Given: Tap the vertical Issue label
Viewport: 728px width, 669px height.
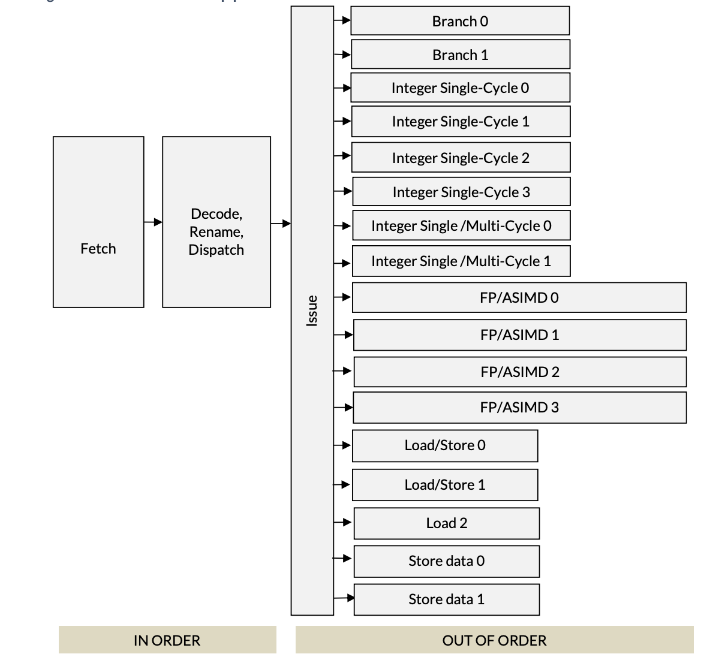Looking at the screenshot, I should pos(312,311).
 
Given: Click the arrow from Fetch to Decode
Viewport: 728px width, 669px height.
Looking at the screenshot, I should pos(153,222).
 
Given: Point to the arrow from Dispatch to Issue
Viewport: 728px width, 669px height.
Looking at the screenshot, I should pos(281,224).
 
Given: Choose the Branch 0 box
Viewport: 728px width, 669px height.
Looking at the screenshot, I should pos(460,21).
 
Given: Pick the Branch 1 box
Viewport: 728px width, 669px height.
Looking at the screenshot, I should pos(460,55).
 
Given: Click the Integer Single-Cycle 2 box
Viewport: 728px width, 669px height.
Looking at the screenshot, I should pos(461,158).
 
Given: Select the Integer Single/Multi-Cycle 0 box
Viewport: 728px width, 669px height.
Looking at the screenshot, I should pos(461,225).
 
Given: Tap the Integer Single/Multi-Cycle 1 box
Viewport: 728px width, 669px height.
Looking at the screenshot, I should pos(461,261).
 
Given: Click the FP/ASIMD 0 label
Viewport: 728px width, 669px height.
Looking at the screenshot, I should pos(519,298).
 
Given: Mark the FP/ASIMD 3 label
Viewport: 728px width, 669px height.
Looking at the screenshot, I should pos(519,408).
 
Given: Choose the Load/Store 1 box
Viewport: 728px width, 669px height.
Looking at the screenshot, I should pos(445,485).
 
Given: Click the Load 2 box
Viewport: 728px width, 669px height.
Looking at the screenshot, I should pos(446,523).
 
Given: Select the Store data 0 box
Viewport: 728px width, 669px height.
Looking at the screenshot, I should pos(446,561).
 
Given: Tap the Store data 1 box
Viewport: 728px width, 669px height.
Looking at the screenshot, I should pos(446,599).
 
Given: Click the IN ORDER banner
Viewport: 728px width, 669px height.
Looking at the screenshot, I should pos(167,640).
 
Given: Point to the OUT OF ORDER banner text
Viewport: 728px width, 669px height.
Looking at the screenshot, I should pos(494,640).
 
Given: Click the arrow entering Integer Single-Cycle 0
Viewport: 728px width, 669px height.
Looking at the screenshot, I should pos(342,88).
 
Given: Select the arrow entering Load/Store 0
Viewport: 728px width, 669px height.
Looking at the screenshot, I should pos(343,445).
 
